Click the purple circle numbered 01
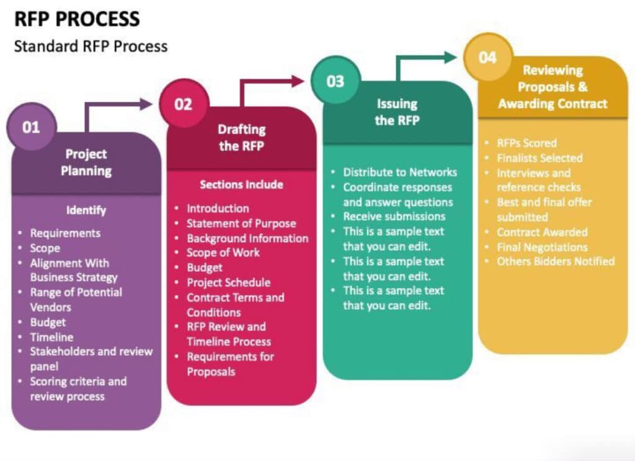31,127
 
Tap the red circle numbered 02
184,104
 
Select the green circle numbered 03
335,81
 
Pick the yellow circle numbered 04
487,57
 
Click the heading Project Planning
86,162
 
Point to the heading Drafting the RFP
242,137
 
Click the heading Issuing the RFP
397,112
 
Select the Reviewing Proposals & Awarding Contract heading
553,87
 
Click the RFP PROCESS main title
77,19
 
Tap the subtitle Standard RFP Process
91,46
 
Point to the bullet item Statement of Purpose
241,223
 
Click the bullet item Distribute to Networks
400,172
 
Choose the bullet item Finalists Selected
540,158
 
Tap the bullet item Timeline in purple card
52,337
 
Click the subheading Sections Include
241,185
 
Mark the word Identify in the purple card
86,210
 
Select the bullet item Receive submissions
394,217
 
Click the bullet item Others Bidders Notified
556,261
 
